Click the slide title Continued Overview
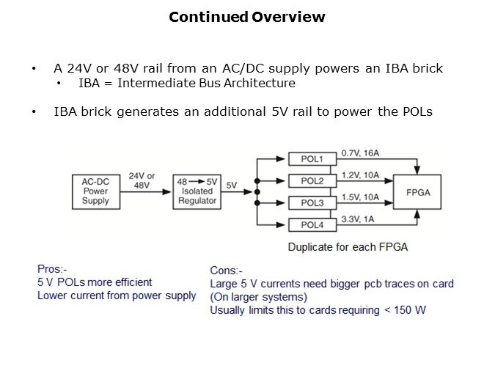coord(247,17)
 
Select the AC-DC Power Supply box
coord(95,191)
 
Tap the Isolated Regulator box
coord(197,191)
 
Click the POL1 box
coord(312,158)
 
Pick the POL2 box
coord(312,180)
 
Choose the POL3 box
coord(312,202)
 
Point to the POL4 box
coord(312,224)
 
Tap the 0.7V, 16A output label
coord(362,153)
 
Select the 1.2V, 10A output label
coord(362,175)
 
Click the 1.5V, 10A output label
coord(362,197)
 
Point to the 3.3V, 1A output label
coord(359,218)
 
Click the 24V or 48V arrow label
coord(142,180)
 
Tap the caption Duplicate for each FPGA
coord(347,247)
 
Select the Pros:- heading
coord(54,268)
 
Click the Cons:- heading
coord(227,271)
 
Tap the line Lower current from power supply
coord(117,295)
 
